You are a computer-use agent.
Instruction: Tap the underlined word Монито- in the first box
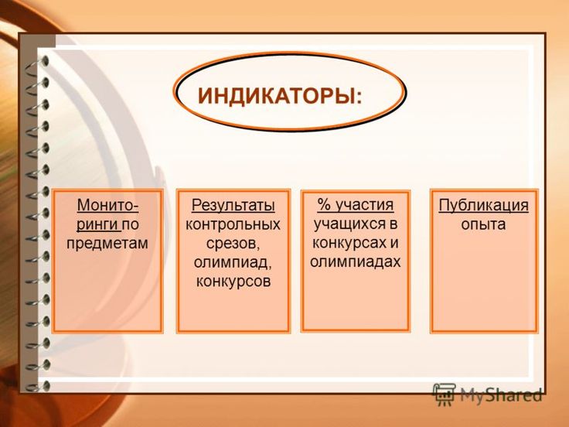click(x=107, y=205)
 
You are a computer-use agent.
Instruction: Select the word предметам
click(x=107, y=243)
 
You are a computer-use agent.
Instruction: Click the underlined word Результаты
click(x=233, y=205)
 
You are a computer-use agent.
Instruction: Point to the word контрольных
click(x=233, y=224)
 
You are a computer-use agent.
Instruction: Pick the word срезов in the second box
click(x=231, y=243)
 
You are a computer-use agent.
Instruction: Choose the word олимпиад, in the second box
click(x=233, y=262)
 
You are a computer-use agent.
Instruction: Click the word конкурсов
click(x=233, y=282)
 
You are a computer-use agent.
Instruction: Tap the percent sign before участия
click(x=324, y=204)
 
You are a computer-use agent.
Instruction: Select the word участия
click(x=364, y=205)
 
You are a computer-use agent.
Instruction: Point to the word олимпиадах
click(x=356, y=261)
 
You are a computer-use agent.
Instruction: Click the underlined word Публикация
click(x=483, y=206)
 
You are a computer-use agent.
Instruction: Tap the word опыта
click(x=483, y=224)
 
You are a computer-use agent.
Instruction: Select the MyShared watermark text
click(x=501, y=395)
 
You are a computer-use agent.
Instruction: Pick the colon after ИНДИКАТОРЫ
click(x=359, y=97)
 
